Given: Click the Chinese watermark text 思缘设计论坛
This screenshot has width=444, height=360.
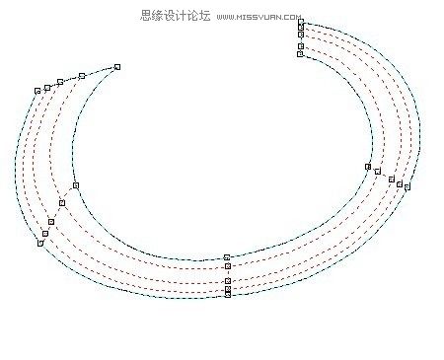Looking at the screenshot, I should click(x=172, y=16).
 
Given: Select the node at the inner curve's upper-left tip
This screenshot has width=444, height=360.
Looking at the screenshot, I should click(x=117, y=67).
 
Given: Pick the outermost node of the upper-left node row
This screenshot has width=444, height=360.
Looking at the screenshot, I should click(x=37, y=91).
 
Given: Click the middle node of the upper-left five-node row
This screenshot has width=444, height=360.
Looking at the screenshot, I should click(x=60, y=82).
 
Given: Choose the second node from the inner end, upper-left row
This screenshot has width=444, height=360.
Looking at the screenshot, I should click(x=82, y=76).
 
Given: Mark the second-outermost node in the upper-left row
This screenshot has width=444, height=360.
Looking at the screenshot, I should click(x=47, y=88).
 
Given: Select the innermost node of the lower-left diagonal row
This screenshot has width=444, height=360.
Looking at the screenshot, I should click(x=76, y=185).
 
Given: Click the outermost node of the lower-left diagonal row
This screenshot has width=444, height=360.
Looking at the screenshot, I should click(x=40, y=243).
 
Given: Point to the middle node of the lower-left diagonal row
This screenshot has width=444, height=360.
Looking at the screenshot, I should click(x=52, y=221).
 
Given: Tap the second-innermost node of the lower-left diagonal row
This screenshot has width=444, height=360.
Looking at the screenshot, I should click(x=62, y=203).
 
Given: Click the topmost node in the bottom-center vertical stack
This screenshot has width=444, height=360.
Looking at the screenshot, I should click(x=227, y=257).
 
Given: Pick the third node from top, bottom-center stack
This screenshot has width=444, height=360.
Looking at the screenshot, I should click(x=227, y=281).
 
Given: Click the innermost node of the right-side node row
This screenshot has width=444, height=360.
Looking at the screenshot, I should click(x=368, y=167).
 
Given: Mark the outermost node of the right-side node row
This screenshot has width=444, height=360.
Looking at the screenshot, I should click(x=407, y=186).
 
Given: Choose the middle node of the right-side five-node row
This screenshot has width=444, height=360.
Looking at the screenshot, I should click(x=392, y=180).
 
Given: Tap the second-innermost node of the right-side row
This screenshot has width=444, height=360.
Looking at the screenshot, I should click(x=378, y=172).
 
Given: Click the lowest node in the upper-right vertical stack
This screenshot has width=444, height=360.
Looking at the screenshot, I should click(x=301, y=54).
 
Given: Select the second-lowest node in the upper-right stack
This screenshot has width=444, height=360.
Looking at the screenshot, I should click(x=301, y=43).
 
